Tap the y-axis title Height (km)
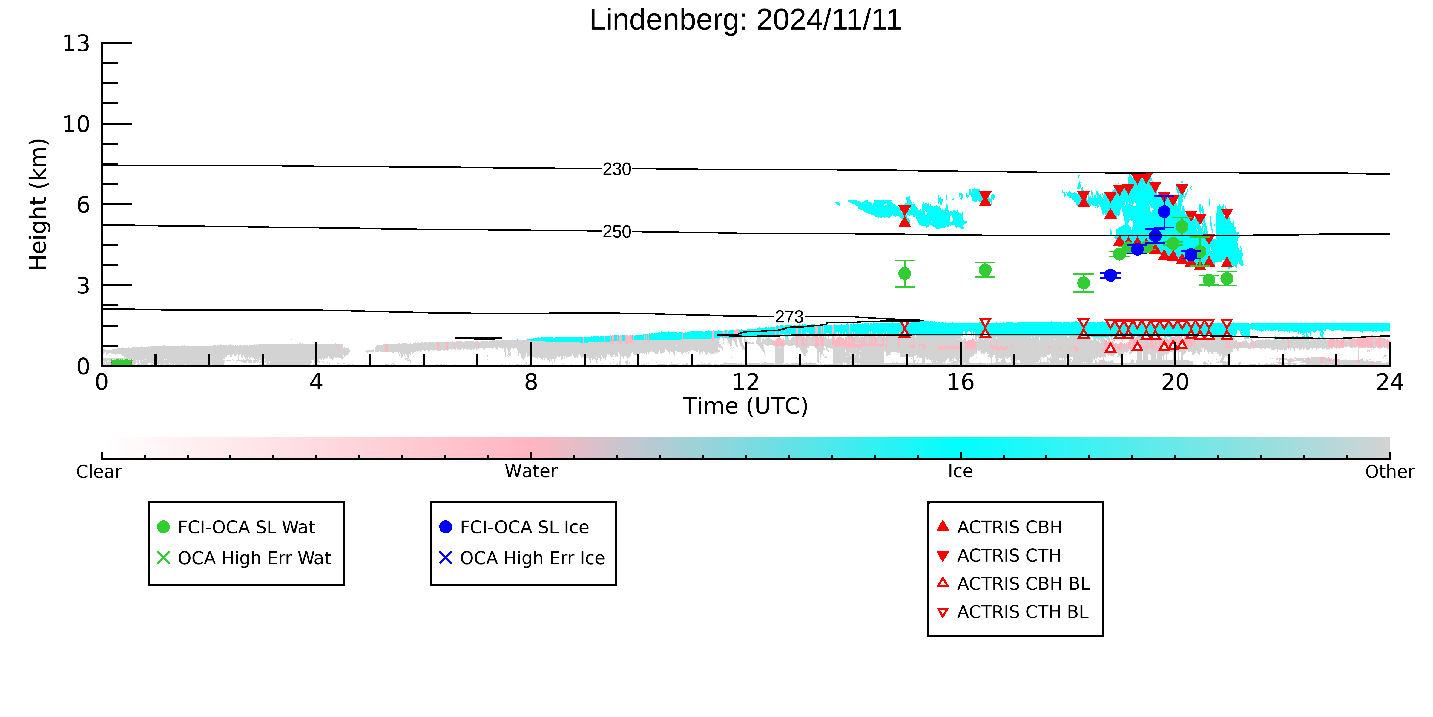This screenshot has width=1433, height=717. pyautogui.click(x=39, y=204)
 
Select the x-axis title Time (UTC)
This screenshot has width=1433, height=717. pyautogui.click(x=745, y=406)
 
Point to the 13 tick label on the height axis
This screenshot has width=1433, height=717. pyautogui.click(x=76, y=43)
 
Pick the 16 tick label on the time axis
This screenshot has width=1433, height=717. pyautogui.click(x=961, y=382)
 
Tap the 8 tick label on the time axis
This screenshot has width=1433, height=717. pyautogui.click(x=531, y=382)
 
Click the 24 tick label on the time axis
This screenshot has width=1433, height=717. pyautogui.click(x=1390, y=382)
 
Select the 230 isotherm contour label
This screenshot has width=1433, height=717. pyautogui.click(x=617, y=169)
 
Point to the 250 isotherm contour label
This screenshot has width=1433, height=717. pyautogui.click(x=617, y=232)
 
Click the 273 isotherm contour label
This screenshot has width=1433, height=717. pyautogui.click(x=789, y=317)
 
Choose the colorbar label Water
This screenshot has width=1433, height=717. pyautogui.click(x=531, y=472)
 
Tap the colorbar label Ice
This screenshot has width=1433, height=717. pyautogui.click(x=961, y=472)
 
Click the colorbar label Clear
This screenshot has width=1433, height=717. pyautogui.click(x=99, y=472)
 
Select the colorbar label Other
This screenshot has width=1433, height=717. pyautogui.click(x=1390, y=472)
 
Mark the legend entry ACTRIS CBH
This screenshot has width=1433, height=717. pyautogui.click(x=1000, y=527)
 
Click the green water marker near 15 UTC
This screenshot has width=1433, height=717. pyautogui.click(x=905, y=274)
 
